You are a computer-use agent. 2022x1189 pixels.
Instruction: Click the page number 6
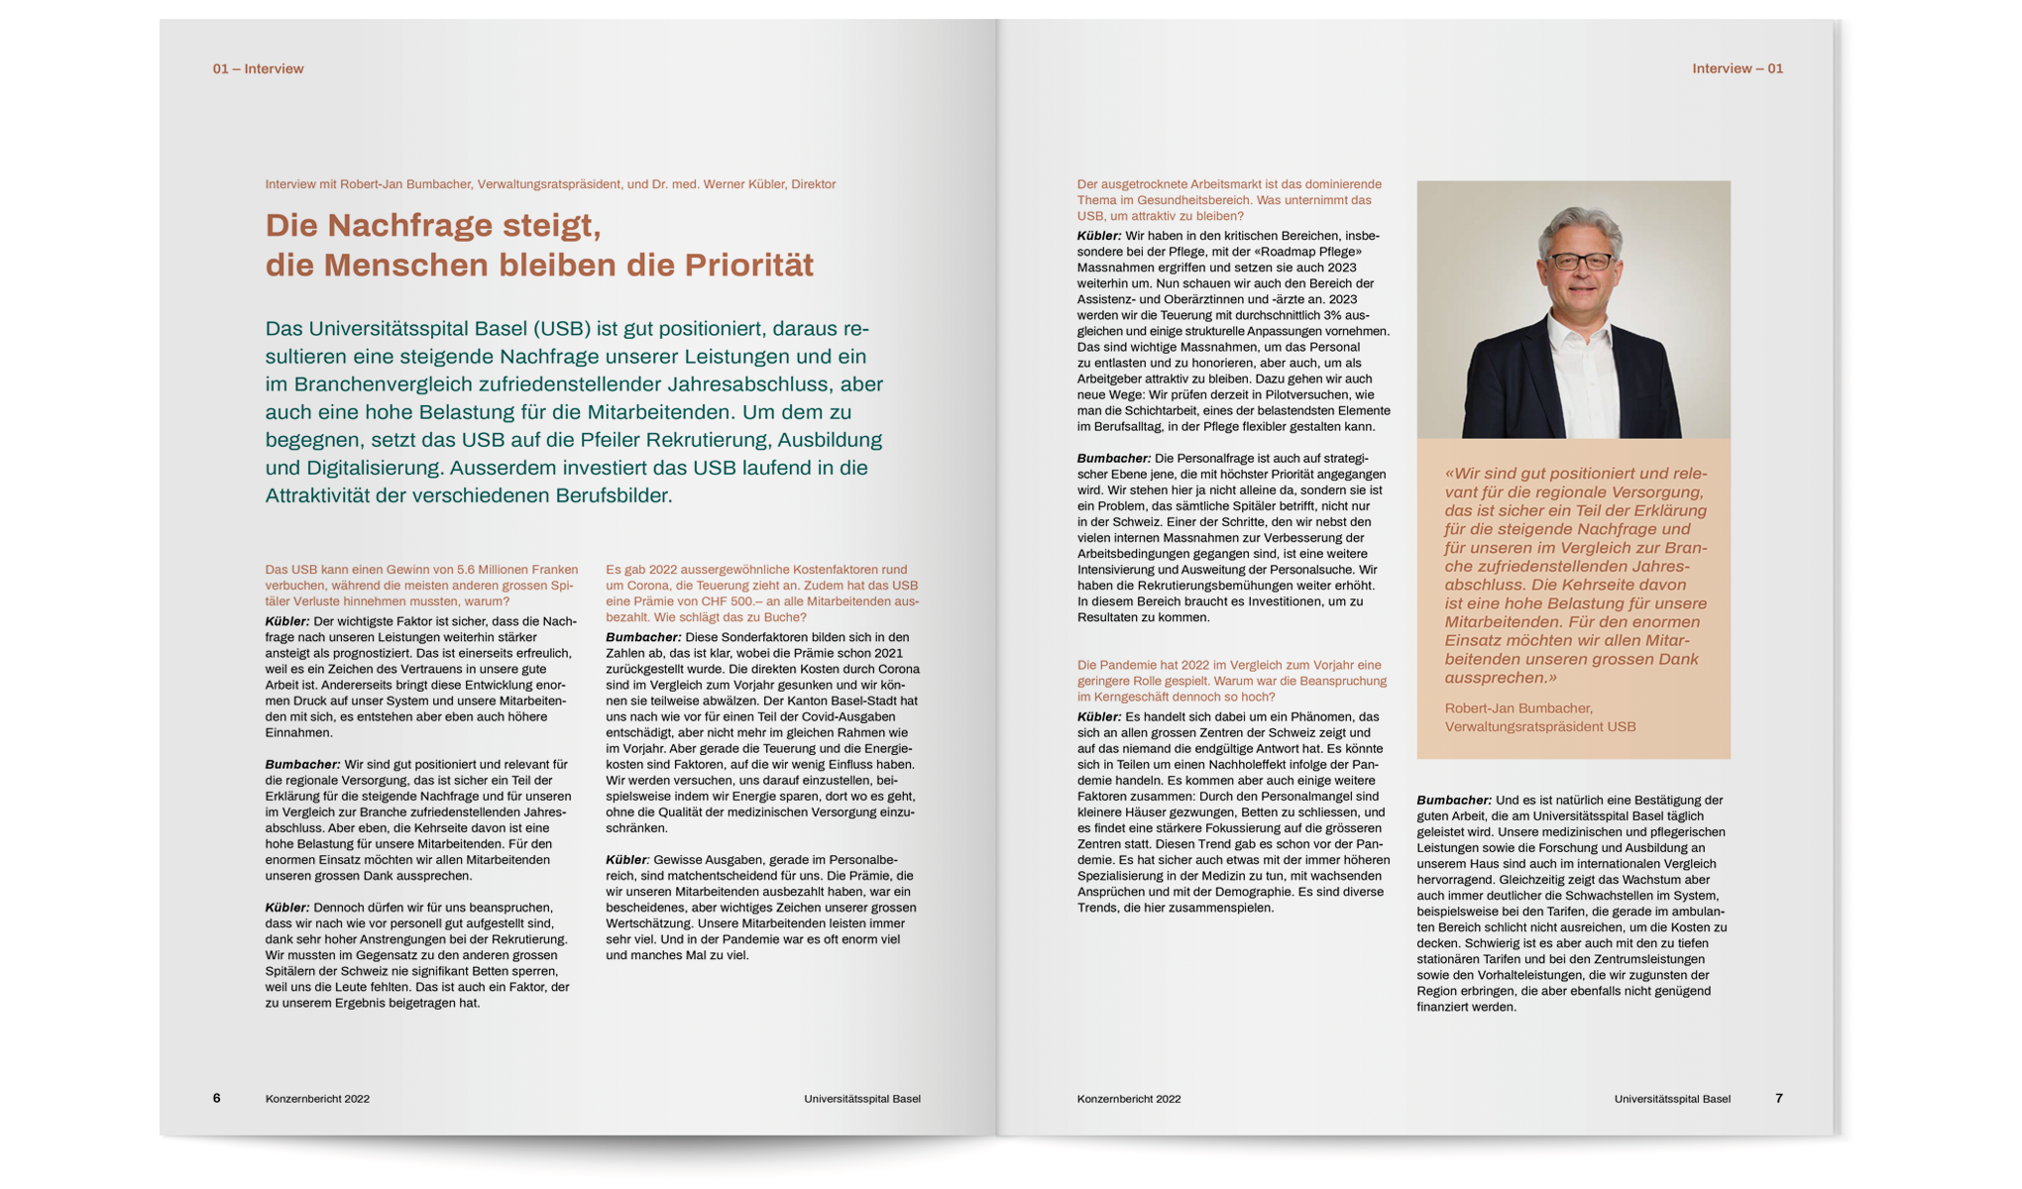pos(216,1098)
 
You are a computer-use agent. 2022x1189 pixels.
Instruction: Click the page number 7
pos(1779,1098)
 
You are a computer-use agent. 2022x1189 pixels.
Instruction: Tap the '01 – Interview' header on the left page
pos(258,68)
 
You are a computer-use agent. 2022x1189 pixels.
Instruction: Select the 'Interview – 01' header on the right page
pos(1738,68)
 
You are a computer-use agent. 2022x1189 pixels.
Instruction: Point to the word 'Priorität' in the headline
pos(749,266)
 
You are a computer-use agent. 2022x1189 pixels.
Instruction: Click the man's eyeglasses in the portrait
pos(1581,262)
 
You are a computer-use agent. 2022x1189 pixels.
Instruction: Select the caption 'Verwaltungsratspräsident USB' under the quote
pos(1540,726)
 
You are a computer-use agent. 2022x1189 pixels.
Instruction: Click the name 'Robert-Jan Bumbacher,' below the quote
pos(1518,708)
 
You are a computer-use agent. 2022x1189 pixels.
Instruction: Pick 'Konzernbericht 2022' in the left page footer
pos(317,1099)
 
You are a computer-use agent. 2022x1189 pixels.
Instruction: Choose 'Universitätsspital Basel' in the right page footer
pos(1672,1099)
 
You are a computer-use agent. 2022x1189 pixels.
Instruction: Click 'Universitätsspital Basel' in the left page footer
pos(862,1099)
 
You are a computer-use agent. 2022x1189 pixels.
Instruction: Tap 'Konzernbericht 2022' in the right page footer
pos(1129,1099)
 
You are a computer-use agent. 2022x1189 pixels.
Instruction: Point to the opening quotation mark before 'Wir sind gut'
pos(1449,474)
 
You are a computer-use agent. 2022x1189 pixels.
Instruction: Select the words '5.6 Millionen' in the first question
pos(494,570)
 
